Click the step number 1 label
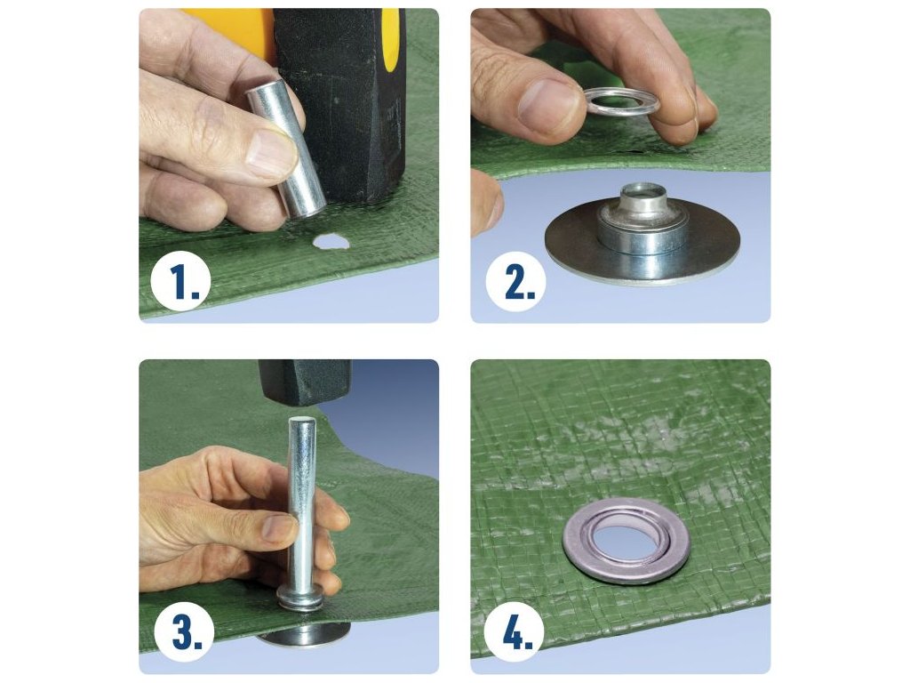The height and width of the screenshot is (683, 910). pyautogui.click(x=180, y=281)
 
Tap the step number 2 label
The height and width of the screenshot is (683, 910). pyautogui.click(x=515, y=281)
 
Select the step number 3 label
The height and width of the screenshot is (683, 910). pyautogui.click(x=185, y=632)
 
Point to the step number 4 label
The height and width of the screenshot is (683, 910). pyautogui.click(x=515, y=632)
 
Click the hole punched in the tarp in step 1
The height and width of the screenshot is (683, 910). pyautogui.click(x=331, y=240)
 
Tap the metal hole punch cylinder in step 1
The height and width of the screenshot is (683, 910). pyautogui.click(x=287, y=149)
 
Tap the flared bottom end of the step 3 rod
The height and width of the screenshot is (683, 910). pyautogui.click(x=300, y=599)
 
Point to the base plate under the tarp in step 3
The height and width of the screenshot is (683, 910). pyautogui.click(x=305, y=635)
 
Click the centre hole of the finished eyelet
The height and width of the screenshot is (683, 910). pyautogui.click(x=626, y=540)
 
